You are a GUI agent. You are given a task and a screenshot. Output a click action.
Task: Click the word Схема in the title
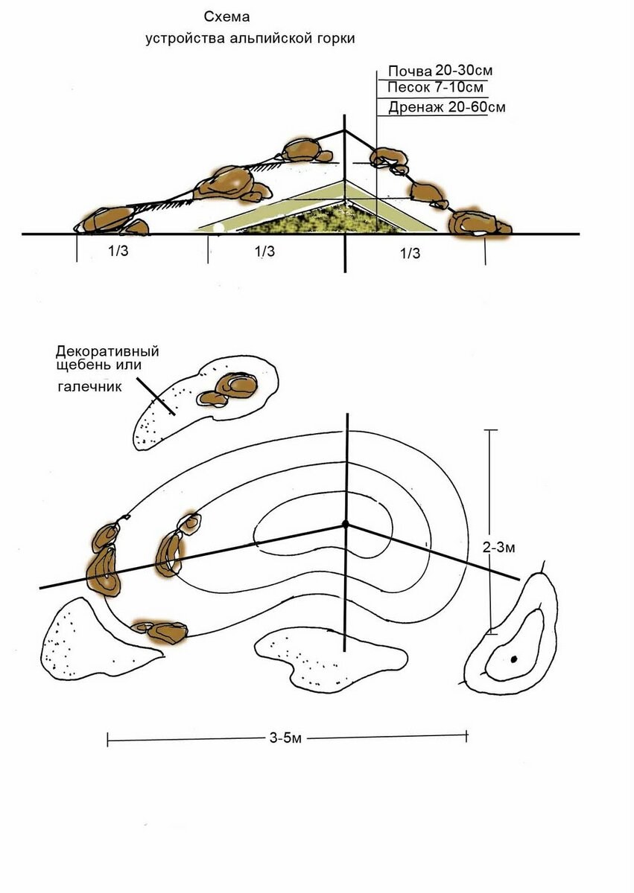click(226, 16)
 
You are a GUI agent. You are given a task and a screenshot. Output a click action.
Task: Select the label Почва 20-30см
click(440, 71)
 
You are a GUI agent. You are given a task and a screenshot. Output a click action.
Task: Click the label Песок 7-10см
click(435, 87)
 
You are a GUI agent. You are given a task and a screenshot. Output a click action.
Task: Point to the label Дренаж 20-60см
click(446, 107)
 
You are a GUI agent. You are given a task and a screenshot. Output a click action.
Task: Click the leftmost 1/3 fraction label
click(118, 251)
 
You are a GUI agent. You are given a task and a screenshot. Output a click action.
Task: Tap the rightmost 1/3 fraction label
click(410, 253)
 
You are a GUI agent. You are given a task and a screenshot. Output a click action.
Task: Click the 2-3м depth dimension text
click(498, 548)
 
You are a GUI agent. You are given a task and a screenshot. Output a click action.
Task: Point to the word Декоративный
click(107, 351)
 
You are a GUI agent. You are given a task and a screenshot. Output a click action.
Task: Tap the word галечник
click(90, 387)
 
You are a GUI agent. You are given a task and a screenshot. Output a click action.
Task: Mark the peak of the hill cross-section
click(345, 130)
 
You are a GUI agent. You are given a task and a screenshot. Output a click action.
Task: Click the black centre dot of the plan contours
click(346, 524)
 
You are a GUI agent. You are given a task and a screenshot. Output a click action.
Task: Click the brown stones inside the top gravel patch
click(228, 390)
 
